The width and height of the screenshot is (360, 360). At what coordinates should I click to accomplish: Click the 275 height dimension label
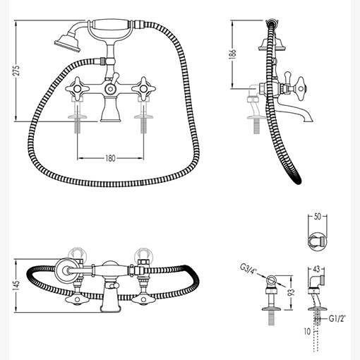coord(16,70)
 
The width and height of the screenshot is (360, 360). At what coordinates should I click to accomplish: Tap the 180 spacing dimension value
coord(110,158)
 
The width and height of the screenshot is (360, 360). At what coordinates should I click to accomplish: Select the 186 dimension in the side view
coord(233,54)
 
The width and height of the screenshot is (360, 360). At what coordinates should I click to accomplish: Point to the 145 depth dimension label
coord(17,287)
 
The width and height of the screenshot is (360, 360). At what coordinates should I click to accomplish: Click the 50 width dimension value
coord(318,217)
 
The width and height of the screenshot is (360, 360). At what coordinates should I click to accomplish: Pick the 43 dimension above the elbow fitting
coord(317,269)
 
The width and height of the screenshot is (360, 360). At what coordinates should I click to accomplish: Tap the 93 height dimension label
coord(292,292)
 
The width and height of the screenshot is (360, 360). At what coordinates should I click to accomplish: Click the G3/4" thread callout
coord(248,269)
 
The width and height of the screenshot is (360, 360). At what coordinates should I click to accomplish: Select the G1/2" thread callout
coord(337,319)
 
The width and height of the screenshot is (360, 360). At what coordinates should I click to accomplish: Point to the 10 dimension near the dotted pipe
coord(307,332)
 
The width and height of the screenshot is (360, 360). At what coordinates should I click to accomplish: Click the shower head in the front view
coord(68,43)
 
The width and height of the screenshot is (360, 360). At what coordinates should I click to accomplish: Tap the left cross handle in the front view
coord(77,89)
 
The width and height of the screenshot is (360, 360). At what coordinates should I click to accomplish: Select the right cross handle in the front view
coord(143,89)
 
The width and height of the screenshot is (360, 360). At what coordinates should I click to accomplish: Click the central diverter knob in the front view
coord(110,89)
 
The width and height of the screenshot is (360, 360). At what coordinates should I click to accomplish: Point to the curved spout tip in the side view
coord(308,119)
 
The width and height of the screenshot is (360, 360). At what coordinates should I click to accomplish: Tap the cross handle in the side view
coord(300,89)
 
